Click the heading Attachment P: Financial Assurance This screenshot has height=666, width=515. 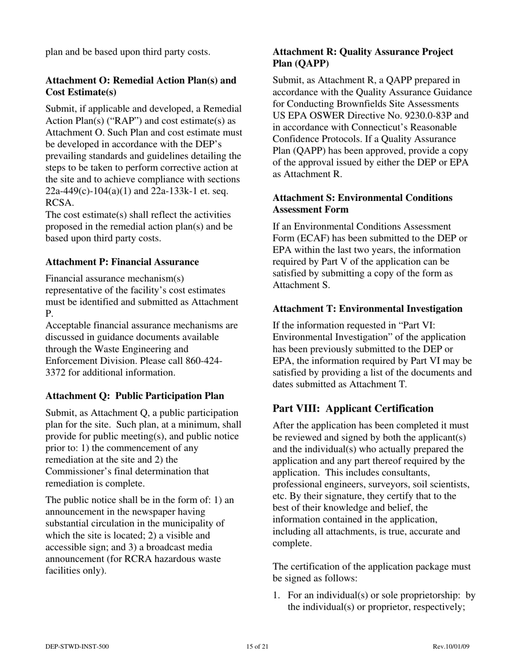122,262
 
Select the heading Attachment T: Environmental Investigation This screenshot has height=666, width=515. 368,309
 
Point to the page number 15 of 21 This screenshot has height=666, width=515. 257,646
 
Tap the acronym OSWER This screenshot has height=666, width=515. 326,115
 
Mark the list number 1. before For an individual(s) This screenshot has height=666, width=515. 276,596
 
